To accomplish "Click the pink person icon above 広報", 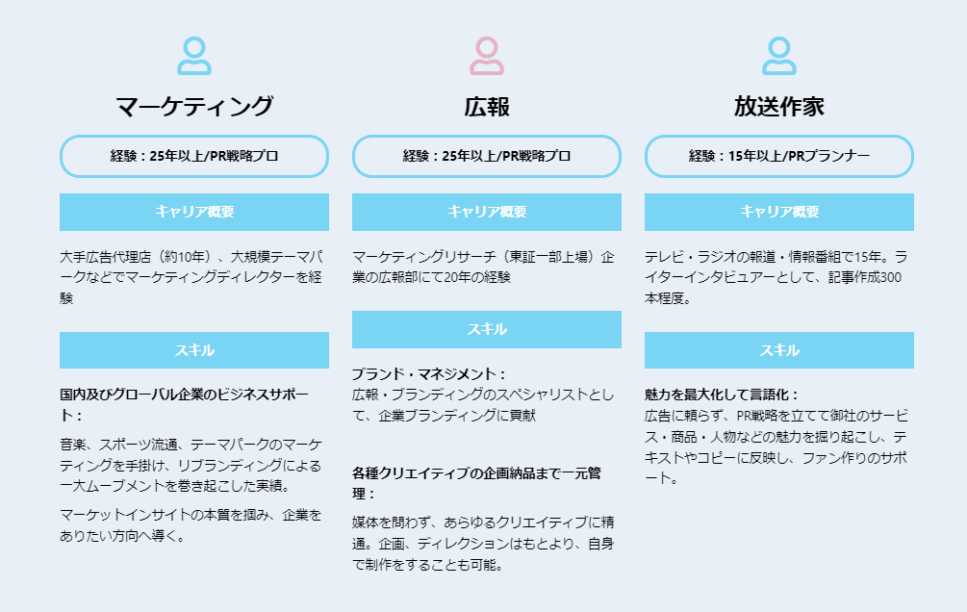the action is [x=486, y=56].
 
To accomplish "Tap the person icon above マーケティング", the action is [x=194, y=56].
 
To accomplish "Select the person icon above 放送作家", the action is [x=778, y=56].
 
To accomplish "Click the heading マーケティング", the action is [x=194, y=106].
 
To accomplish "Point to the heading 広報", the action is [x=486, y=106].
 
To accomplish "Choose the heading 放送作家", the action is [x=778, y=106].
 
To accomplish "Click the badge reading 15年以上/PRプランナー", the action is [x=778, y=156].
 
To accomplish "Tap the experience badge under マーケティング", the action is [x=194, y=156].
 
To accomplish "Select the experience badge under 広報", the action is [x=486, y=156].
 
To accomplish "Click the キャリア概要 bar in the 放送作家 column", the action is [x=778, y=212].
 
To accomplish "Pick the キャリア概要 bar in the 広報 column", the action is [x=486, y=212].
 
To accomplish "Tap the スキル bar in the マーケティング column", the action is [x=194, y=350].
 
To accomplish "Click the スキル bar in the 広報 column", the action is [x=486, y=329].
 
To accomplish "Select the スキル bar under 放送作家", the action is [x=778, y=350].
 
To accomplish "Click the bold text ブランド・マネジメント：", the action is [x=428, y=373].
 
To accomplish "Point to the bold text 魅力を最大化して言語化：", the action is [x=722, y=395].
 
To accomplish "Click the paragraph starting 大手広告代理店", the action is [x=191, y=277].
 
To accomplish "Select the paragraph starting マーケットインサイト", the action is [x=191, y=524].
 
